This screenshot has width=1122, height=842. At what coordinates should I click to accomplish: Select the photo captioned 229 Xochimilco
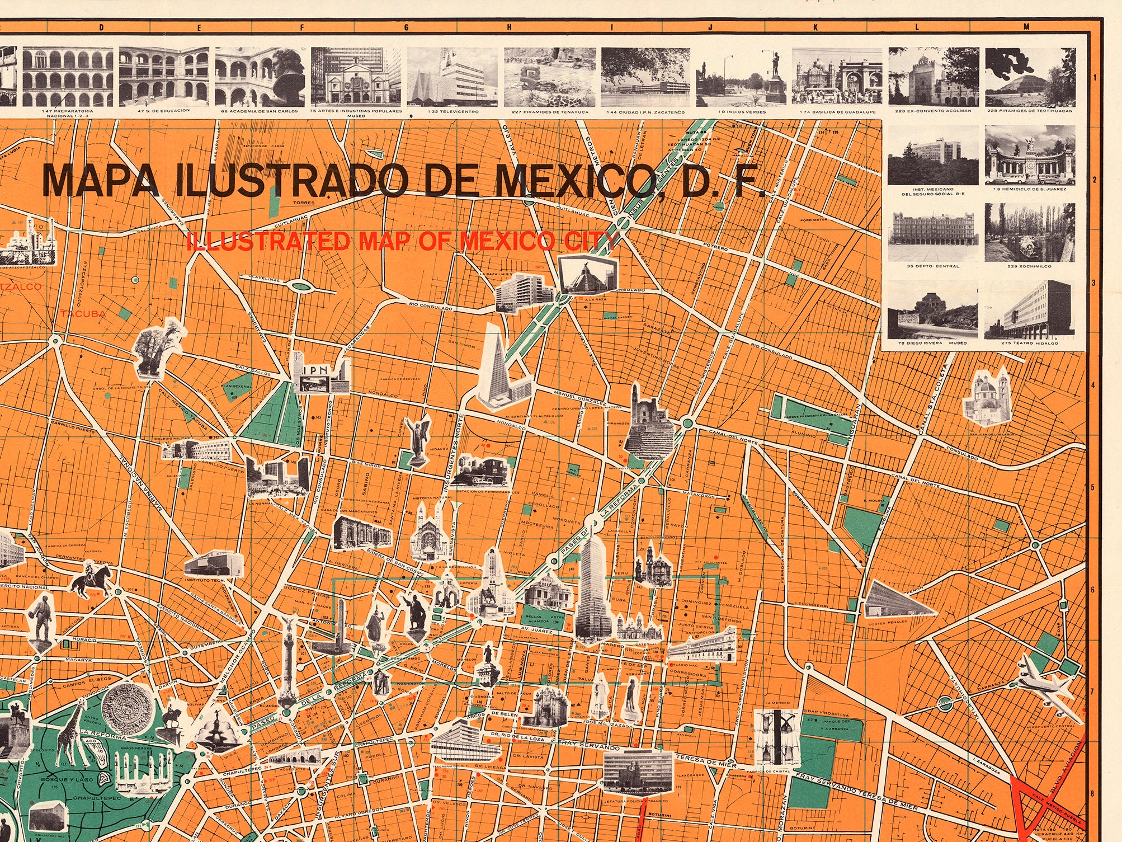1029,232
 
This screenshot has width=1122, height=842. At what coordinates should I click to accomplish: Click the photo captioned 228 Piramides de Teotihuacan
1029,77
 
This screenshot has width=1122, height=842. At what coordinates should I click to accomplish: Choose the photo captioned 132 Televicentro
452,77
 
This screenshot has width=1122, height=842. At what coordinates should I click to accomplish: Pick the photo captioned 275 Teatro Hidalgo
1029,309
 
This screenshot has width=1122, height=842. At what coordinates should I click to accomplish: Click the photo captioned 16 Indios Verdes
740,77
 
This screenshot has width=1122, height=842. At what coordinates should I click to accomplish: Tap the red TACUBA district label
83,314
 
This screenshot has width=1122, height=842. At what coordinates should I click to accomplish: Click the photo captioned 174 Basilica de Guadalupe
837,77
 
